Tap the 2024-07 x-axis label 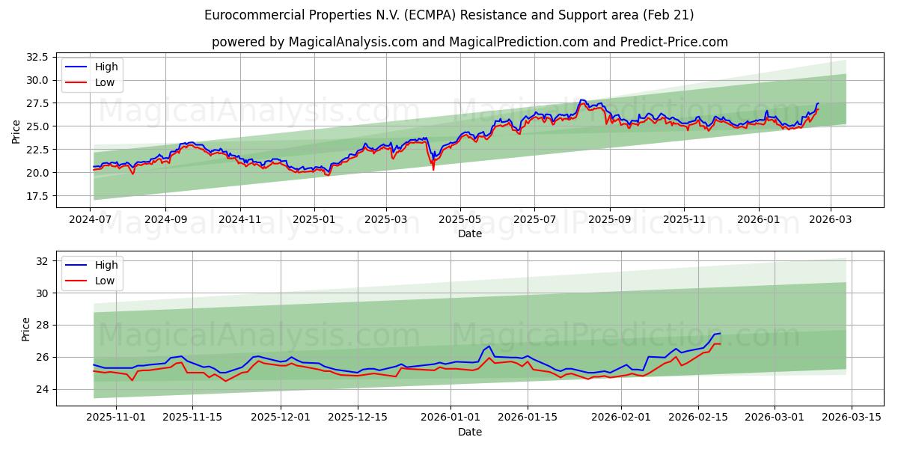pyautogui.click(x=91, y=221)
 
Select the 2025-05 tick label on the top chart pyautogui.click(x=459, y=221)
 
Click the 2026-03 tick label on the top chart pyautogui.click(x=831, y=221)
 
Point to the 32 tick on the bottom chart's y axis pyautogui.click(x=42, y=261)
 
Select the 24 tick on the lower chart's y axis pyautogui.click(x=42, y=389)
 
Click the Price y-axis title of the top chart pyautogui.click(x=16, y=132)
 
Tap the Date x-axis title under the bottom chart pyautogui.click(x=470, y=432)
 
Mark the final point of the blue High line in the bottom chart pyautogui.click(x=720, y=333)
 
